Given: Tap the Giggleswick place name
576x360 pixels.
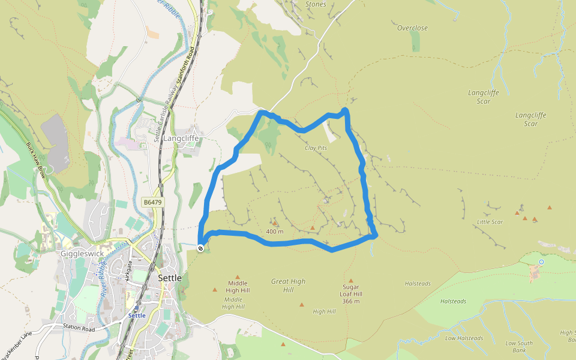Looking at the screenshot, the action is click(82, 254).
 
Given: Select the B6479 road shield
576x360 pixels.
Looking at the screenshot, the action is click(153, 203).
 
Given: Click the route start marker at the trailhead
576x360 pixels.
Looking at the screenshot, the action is click(200, 247).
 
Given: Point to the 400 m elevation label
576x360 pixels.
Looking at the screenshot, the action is click(274, 232).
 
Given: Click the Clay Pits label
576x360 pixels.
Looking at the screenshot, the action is click(318, 148).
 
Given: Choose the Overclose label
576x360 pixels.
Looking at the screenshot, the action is click(412, 28).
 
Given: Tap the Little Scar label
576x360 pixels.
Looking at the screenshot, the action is click(490, 222).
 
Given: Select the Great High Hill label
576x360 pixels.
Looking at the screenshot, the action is click(289, 286).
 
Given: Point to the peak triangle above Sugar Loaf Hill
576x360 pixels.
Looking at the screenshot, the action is click(351, 280).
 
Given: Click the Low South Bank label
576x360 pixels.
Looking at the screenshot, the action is click(519, 347).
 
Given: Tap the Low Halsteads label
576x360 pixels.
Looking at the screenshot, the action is click(464, 338).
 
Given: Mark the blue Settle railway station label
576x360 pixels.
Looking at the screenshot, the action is click(137, 316).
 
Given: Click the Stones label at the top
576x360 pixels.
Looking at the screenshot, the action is click(316, 5).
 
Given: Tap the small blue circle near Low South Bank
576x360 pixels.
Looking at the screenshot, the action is click(541, 262).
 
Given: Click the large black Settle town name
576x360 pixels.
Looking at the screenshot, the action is click(170, 278).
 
